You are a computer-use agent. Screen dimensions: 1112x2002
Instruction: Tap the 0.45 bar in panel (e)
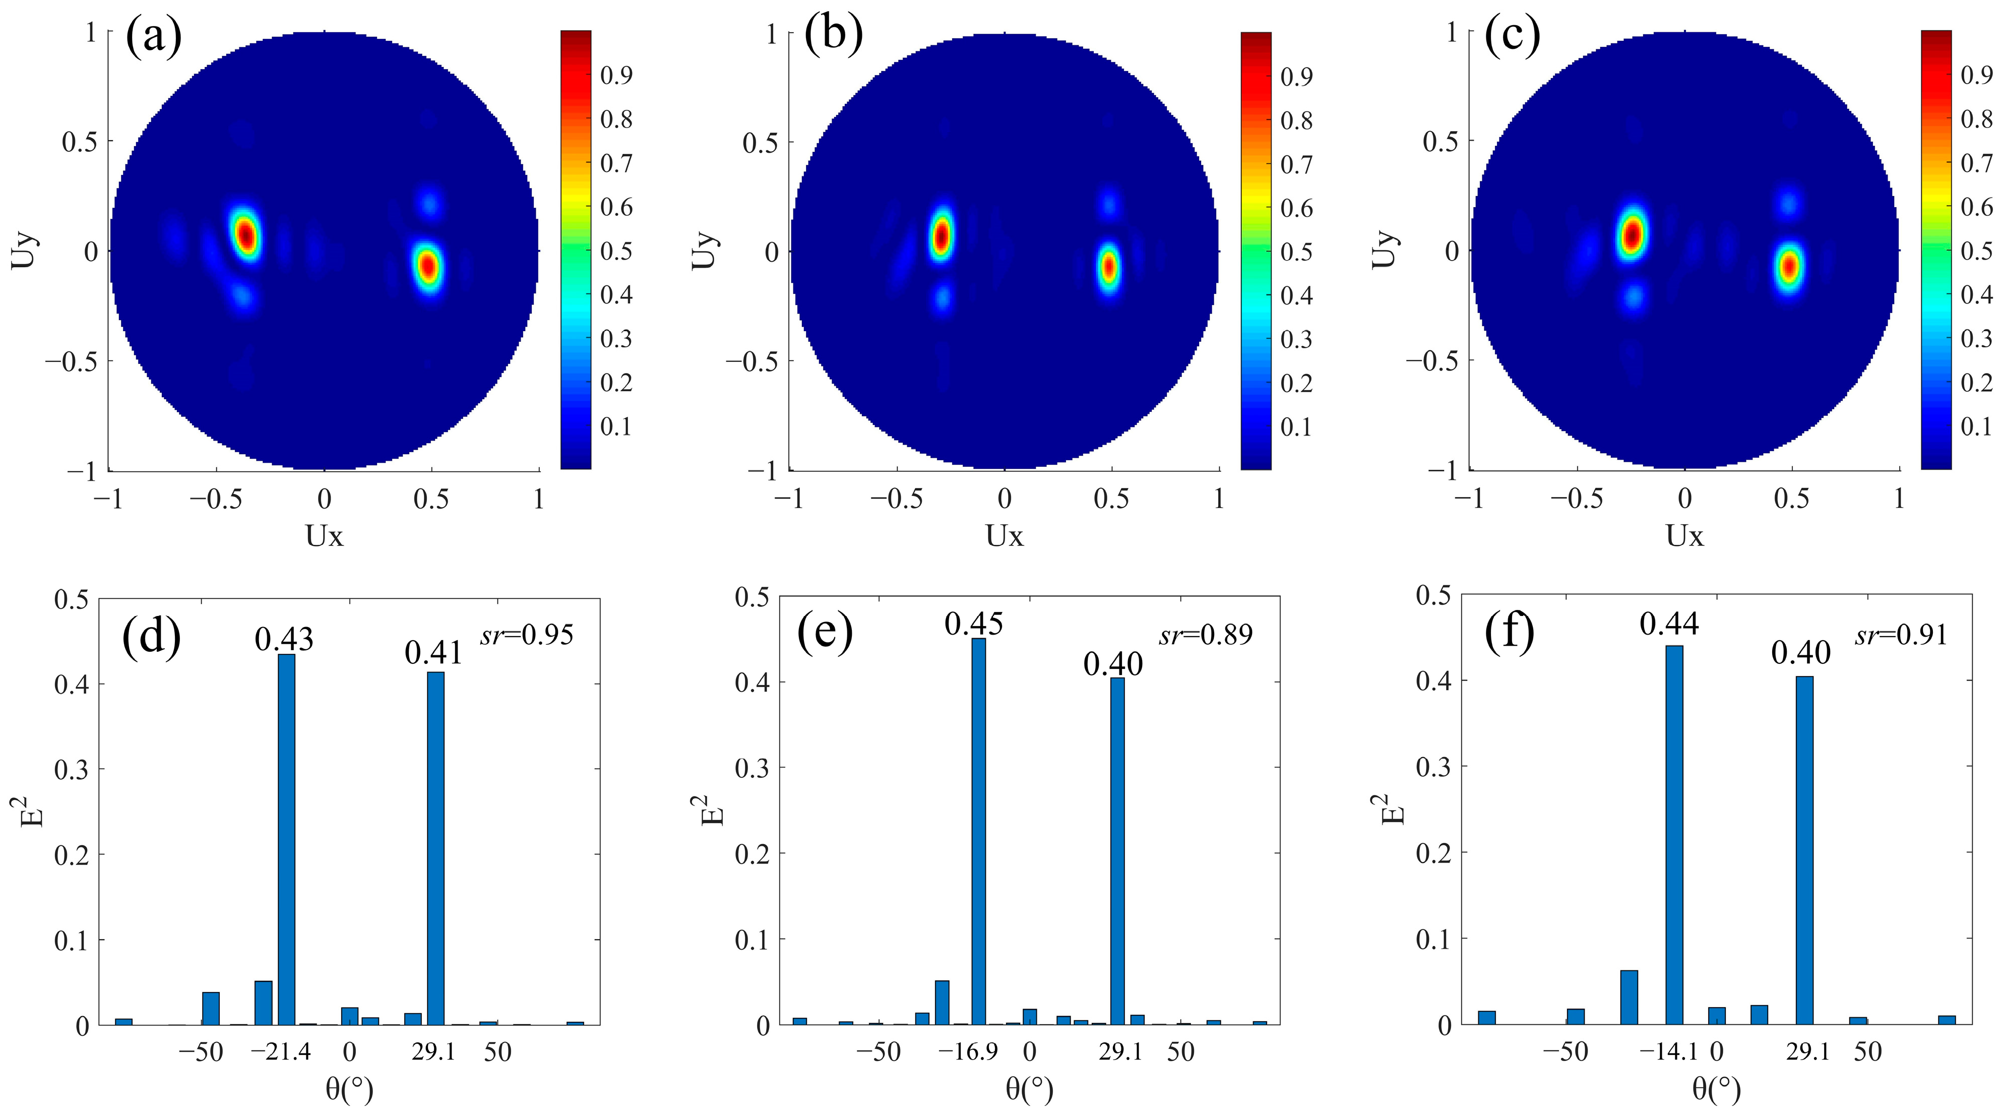978,831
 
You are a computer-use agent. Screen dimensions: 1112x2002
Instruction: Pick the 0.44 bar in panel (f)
1674,835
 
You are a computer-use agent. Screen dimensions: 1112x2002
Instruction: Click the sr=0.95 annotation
527,636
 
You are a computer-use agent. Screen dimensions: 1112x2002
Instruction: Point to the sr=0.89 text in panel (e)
1206,636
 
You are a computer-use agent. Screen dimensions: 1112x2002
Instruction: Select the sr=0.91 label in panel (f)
1901,636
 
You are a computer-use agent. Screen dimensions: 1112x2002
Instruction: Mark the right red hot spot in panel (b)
1109,267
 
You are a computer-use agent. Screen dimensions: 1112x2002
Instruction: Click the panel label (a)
153,36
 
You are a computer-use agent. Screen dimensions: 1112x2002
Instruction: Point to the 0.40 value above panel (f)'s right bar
1801,653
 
